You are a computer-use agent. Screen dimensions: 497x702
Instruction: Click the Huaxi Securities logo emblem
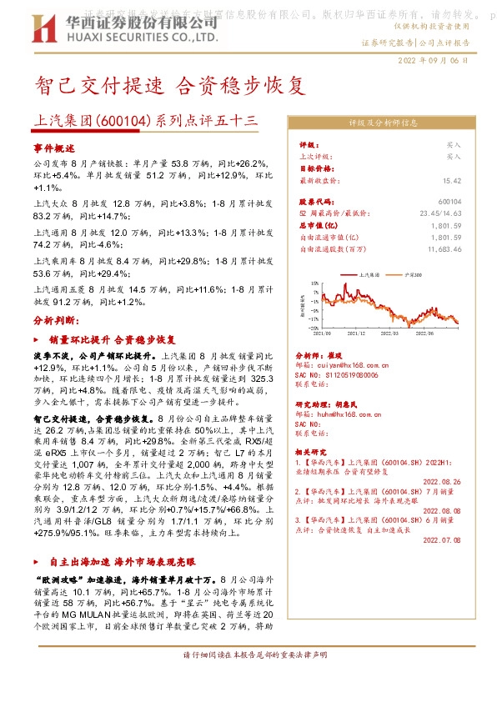[x=46, y=32]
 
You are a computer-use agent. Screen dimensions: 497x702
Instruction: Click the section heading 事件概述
[x=54, y=147]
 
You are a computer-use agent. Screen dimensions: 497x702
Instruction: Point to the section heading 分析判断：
[x=57, y=320]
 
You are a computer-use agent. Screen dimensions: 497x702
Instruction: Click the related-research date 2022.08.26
[x=442, y=481]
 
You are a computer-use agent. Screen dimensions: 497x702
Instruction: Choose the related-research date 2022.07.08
[x=442, y=540]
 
